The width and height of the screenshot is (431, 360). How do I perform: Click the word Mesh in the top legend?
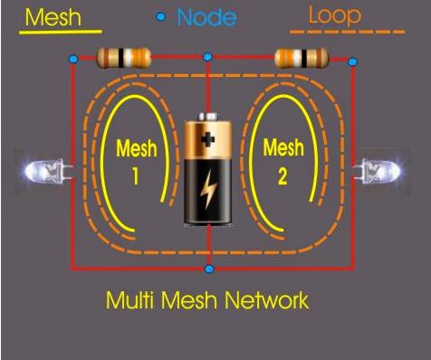click(53, 17)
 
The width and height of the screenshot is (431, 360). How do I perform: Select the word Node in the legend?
click(206, 16)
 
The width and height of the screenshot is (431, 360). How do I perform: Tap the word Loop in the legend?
click(334, 15)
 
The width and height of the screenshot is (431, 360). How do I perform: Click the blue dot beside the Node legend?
click(161, 16)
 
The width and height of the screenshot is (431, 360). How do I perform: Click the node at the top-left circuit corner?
click(73, 60)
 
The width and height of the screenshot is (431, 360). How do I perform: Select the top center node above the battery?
click(208, 58)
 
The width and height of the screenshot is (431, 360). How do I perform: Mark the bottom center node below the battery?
click(209, 269)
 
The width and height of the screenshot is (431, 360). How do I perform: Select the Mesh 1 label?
click(135, 160)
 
